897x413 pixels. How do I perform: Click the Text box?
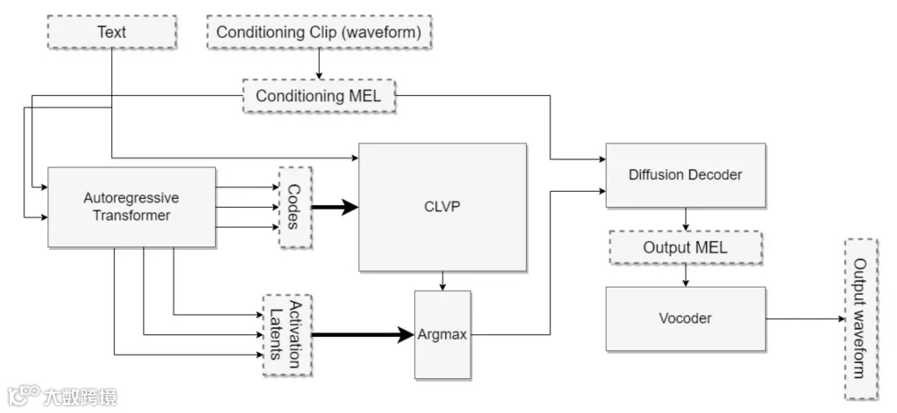coord(112,32)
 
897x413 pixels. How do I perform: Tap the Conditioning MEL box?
coord(320,96)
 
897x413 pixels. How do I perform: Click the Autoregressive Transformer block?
coord(132,207)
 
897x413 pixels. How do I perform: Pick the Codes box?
coord(295,208)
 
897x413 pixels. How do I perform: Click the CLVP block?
coord(441,207)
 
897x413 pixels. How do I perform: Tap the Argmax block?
coord(442,334)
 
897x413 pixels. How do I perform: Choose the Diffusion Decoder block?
coord(686,175)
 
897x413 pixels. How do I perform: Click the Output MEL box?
coord(686,247)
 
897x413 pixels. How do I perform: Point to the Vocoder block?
coord(686,318)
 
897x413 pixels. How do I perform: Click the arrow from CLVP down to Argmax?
coord(442,280)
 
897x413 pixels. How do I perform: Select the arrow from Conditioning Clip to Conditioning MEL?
coord(320,64)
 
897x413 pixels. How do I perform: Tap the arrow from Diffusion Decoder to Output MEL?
coord(686,219)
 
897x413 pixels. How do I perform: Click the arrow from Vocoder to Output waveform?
coord(805,318)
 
